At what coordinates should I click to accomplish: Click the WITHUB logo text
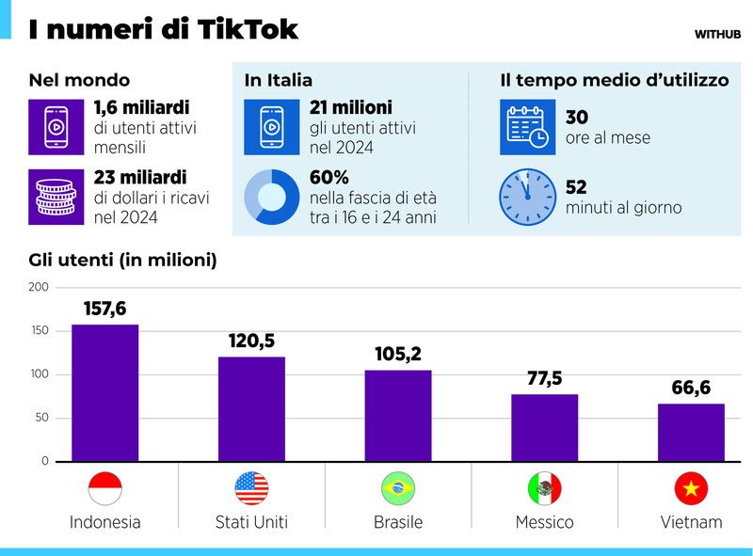(x=717, y=34)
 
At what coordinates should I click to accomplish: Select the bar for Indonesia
(x=104, y=393)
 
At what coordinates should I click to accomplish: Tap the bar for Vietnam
(x=691, y=433)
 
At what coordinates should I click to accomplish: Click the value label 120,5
(x=251, y=341)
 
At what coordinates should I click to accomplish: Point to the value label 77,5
(x=544, y=378)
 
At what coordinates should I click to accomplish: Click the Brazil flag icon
(x=398, y=488)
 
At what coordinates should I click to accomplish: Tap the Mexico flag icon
(x=544, y=488)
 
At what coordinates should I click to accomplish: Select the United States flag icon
(x=251, y=488)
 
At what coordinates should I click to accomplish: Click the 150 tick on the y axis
(x=38, y=331)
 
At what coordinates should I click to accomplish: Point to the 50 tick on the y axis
(x=41, y=419)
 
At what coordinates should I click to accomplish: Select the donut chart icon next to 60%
(x=271, y=197)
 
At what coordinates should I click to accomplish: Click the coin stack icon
(x=56, y=197)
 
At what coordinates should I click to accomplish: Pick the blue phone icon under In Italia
(x=271, y=127)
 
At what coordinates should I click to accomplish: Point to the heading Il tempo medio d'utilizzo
(x=614, y=81)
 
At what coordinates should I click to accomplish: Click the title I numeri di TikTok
(x=163, y=29)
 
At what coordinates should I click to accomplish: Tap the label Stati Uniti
(x=251, y=522)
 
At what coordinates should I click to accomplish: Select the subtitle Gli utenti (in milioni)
(x=122, y=261)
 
